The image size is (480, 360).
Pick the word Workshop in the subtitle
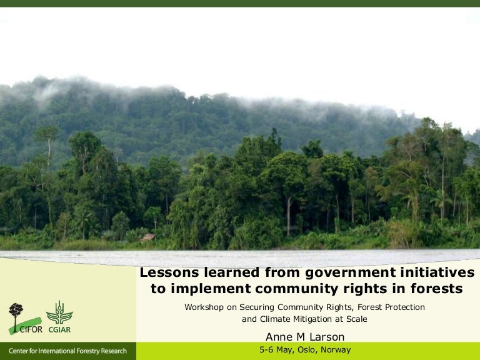203,307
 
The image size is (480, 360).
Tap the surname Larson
326,336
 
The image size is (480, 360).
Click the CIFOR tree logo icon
16,312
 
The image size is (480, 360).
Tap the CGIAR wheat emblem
59,312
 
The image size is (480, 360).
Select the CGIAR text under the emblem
59,330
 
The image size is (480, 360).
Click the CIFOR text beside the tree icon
31,330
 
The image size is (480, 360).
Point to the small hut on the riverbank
148,237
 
